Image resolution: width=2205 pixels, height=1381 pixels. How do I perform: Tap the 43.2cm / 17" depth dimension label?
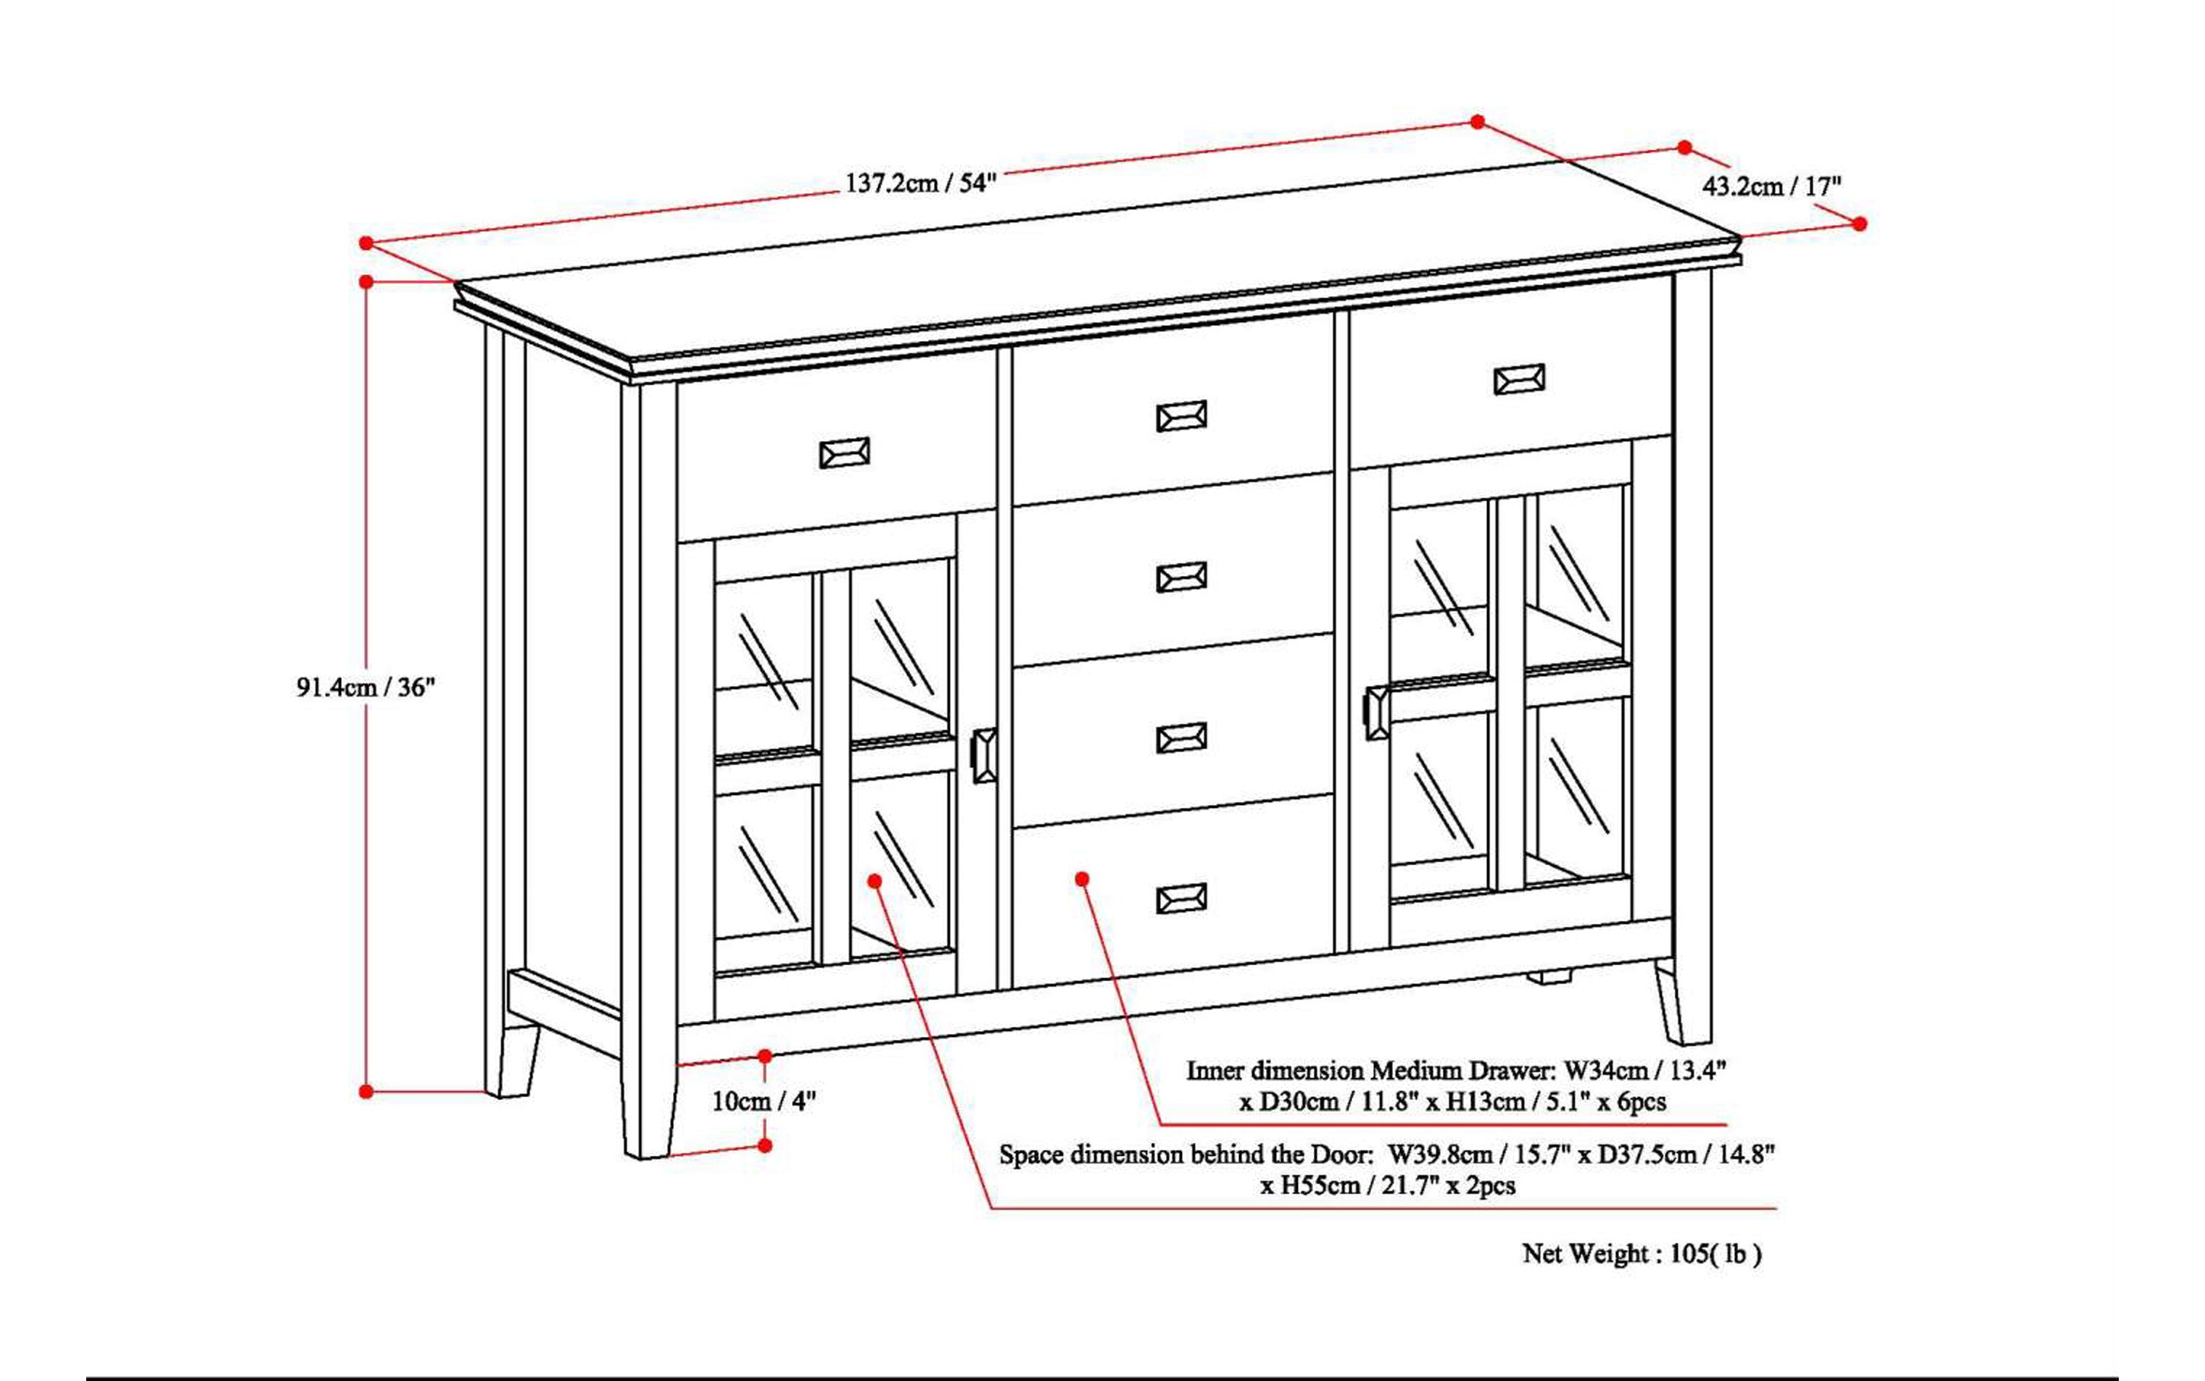1771,186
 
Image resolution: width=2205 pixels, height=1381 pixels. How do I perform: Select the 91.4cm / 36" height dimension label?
366,687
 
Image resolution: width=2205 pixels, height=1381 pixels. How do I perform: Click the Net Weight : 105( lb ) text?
1641,1254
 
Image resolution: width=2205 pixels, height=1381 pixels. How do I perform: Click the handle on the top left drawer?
844,453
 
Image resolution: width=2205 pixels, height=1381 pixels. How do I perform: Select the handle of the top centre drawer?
1181,417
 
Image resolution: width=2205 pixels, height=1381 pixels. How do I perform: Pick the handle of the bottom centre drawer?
1181,899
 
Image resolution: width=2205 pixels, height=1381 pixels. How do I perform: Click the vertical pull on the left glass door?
983,755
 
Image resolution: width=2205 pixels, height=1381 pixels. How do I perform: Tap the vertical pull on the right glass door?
1375,712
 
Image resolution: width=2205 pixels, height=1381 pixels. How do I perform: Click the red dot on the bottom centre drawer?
1083,879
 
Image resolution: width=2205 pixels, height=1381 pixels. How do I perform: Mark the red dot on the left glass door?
874,880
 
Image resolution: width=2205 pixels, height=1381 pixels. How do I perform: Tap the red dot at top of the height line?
366,282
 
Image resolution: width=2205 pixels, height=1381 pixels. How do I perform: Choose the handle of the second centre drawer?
1181,578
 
